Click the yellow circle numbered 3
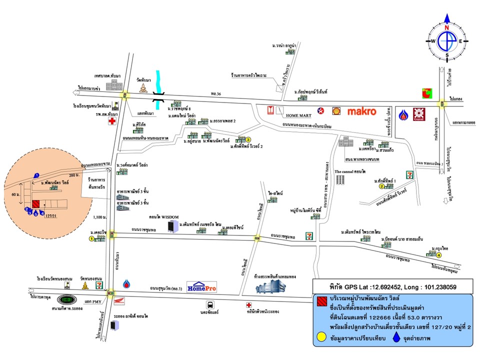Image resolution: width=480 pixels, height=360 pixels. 247,140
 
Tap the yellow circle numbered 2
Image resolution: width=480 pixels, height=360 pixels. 381,186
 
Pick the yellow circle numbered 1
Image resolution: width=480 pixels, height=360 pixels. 91,239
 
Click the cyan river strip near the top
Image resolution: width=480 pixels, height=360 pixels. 159,83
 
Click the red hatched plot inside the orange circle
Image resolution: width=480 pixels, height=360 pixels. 36,204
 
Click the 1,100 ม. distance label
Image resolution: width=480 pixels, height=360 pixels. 100,217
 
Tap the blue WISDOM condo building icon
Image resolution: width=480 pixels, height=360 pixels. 171,225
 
